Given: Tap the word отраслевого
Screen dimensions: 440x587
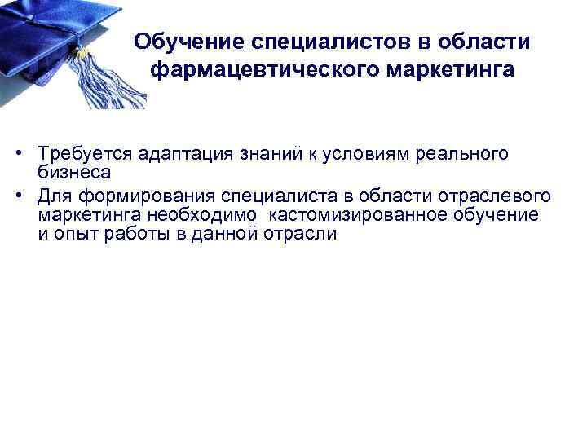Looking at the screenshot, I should [x=497, y=196].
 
